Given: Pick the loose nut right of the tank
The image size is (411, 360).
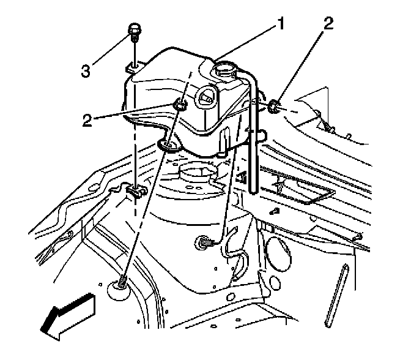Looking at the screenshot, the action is coord(273,108).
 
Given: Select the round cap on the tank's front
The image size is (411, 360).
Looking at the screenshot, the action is coord(206,96).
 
